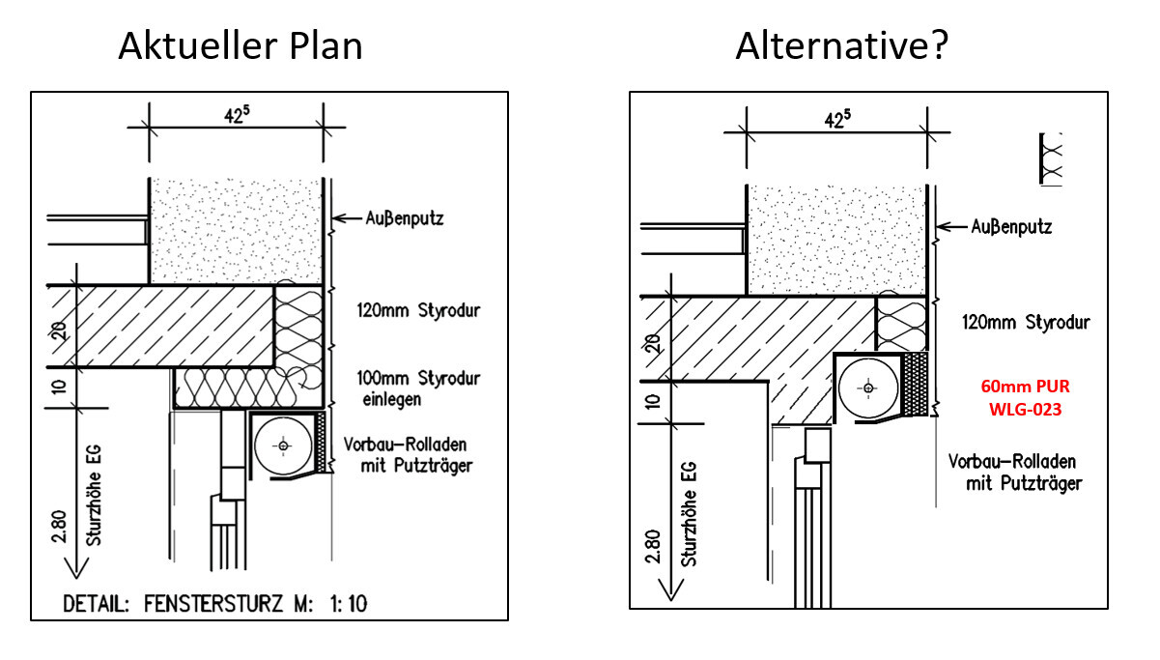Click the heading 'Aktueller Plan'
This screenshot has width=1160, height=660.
(240, 45)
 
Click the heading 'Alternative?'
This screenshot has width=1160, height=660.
(842, 45)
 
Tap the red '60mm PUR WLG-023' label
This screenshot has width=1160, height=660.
(1025, 397)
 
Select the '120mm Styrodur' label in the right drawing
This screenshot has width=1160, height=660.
(1025, 322)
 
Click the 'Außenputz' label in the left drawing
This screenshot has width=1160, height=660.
(405, 218)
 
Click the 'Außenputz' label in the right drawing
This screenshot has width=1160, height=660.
(1010, 227)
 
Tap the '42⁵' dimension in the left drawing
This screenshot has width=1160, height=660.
(236, 112)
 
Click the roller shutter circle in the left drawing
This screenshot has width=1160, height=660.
(283, 445)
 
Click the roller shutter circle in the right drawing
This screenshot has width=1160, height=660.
(868, 388)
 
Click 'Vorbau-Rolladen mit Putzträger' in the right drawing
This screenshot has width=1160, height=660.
(1013, 472)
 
